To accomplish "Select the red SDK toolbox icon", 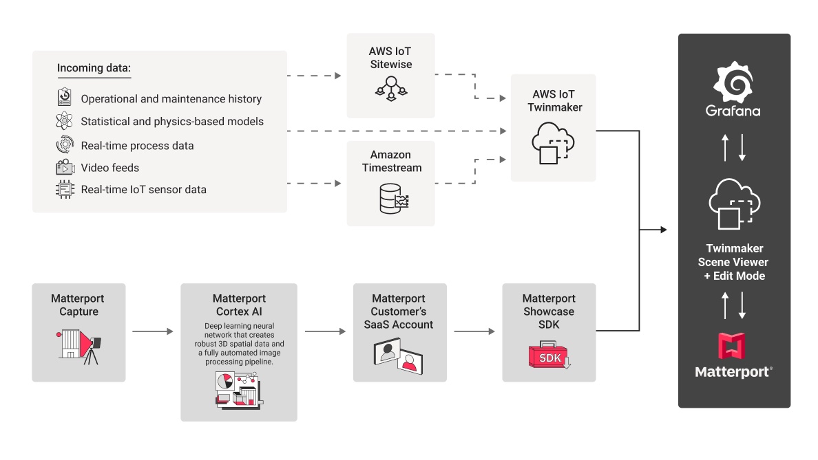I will coord(549,357).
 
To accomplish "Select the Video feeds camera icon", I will coord(65,168).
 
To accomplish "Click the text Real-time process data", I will coord(137,146).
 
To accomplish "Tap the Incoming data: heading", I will coord(94,68).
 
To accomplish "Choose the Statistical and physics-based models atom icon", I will coord(65,122).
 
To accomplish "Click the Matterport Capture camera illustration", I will coord(78,348).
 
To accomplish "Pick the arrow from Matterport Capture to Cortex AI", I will coord(153,331).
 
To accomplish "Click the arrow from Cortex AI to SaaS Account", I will coord(325,331).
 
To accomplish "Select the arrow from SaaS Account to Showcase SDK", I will coord(474,331).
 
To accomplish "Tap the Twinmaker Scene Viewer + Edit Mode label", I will coord(734,262).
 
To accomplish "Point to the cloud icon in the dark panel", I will coord(734,204).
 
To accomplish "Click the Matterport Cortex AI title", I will coord(239,305).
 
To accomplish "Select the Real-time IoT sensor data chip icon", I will coord(65,189).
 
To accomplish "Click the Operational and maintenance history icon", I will coord(65,98).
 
